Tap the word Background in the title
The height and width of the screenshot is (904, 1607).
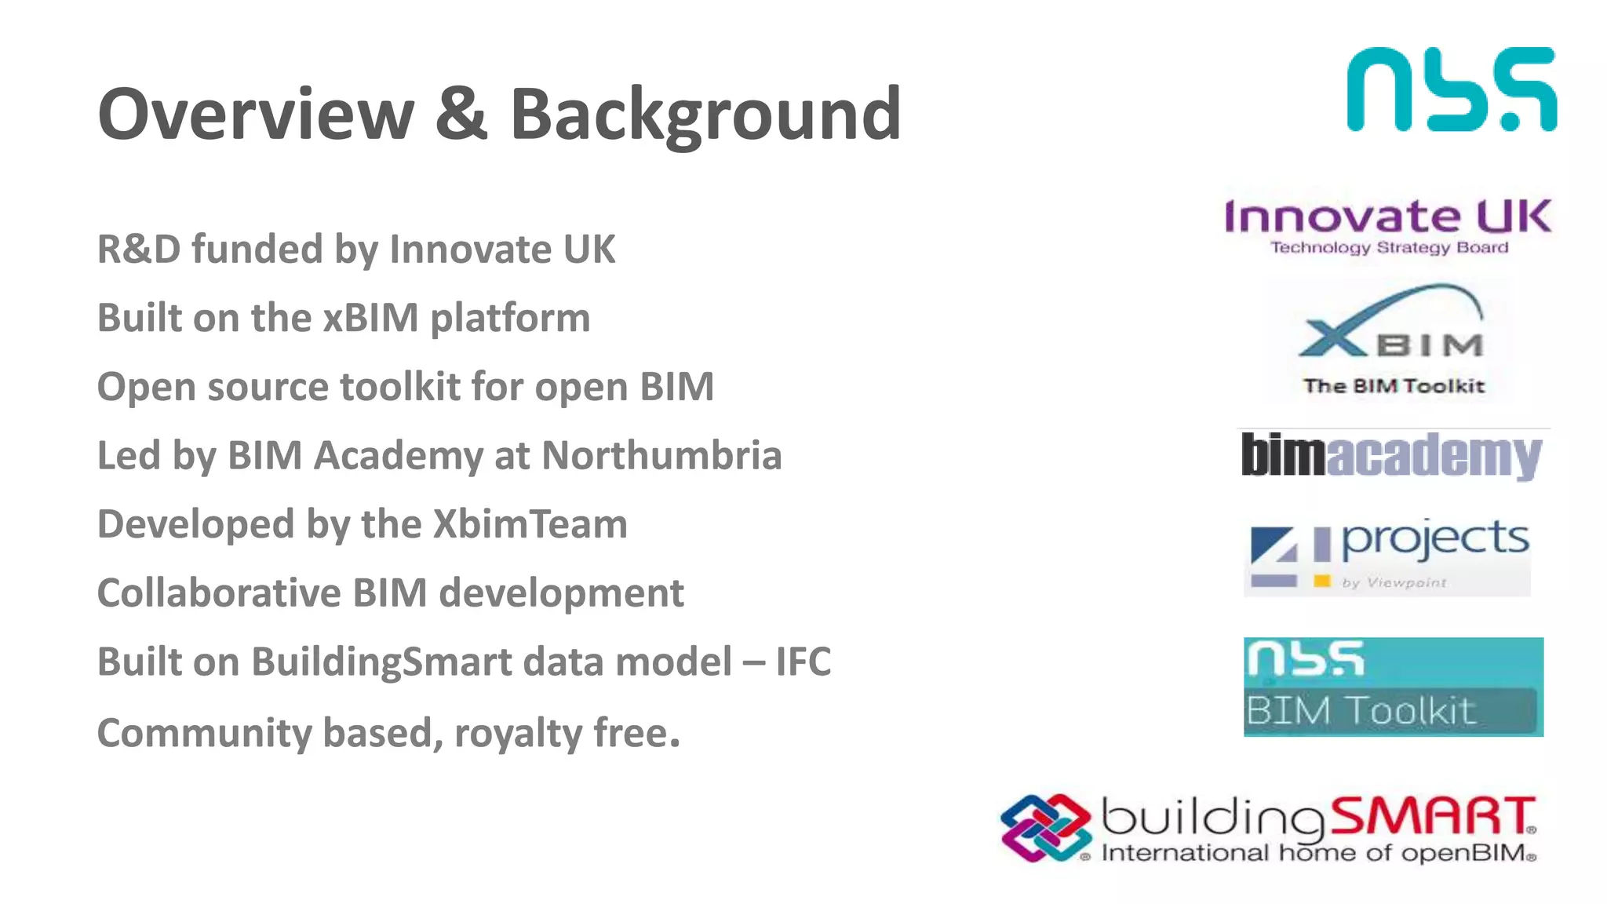pyautogui.click(x=705, y=116)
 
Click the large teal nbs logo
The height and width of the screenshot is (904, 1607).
pyautogui.click(x=1451, y=89)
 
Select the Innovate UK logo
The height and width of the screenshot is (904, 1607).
pyautogui.click(x=1387, y=217)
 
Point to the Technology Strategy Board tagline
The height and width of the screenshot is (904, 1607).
pyautogui.click(x=1389, y=248)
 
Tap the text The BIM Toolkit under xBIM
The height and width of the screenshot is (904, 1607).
pyautogui.click(x=1394, y=386)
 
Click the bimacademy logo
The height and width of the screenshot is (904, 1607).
pyautogui.click(x=1391, y=456)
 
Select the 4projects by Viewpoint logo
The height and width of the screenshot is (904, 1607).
pyautogui.click(x=1388, y=556)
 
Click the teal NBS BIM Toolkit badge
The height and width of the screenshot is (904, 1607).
pyautogui.click(x=1393, y=687)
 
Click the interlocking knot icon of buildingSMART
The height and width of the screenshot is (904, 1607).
pyautogui.click(x=1045, y=828)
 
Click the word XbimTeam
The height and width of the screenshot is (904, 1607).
pyautogui.click(x=530, y=524)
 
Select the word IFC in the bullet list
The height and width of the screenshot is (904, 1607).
pyautogui.click(x=803, y=662)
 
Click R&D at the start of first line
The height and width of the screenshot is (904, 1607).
pyautogui.click(x=138, y=250)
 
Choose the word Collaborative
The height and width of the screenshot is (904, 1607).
pyautogui.click(x=218, y=593)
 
